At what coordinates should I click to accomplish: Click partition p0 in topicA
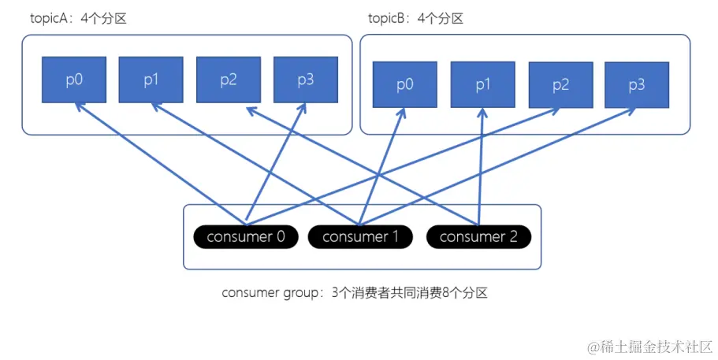pos(73,80)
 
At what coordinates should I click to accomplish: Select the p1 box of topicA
pos(151,80)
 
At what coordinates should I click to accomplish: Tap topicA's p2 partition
pos(228,80)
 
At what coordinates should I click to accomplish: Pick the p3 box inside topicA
pos(305,80)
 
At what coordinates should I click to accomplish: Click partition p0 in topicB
pos(404,85)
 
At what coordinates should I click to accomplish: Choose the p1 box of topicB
pos(482,85)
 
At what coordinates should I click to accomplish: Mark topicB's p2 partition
pos(560,85)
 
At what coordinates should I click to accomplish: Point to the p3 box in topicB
pos(637,85)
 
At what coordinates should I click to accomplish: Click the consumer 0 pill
pos(246,236)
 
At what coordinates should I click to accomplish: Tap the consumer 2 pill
pos(478,236)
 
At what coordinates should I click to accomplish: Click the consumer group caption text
pos(355,293)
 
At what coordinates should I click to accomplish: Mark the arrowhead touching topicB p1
pos(482,114)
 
